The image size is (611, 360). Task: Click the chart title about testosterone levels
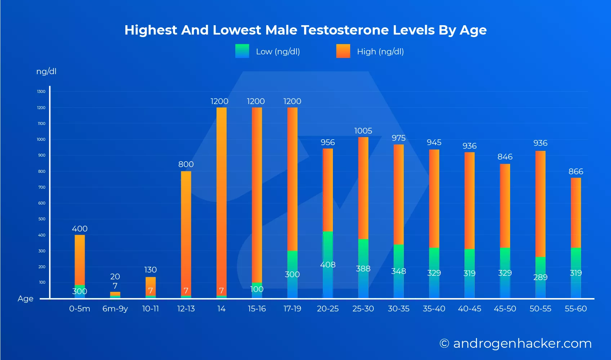305,30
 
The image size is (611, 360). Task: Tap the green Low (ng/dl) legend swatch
242,51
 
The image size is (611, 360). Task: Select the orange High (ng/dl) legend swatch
343,51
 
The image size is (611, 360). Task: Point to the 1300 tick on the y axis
41,91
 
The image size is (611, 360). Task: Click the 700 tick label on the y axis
42,187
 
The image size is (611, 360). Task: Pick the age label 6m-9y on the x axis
115,309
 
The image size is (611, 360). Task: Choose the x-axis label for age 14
221,309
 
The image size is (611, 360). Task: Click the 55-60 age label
576,309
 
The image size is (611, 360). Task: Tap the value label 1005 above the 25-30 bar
363,131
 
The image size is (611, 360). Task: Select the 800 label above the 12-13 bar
186,164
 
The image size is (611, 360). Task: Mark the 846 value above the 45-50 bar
505,157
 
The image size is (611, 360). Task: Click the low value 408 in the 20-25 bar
328,265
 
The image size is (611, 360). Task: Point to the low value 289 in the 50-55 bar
540,277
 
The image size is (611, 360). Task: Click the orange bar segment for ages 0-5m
80,259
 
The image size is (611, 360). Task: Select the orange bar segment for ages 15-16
257,194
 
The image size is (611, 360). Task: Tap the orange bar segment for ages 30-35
398,194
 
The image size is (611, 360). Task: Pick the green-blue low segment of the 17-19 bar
292,275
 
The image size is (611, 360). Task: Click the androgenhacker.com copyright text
515,343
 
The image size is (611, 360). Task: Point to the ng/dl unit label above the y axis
46,71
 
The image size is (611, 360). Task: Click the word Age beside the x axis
25,299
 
